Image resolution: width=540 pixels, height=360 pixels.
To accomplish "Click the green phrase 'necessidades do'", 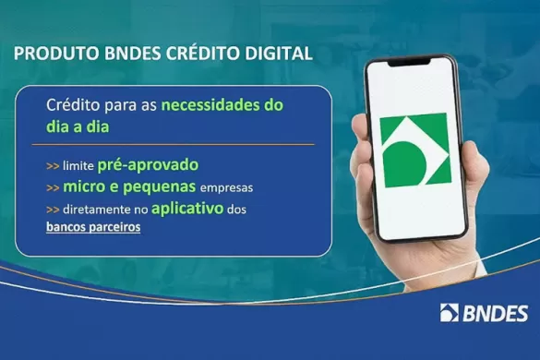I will click(x=222, y=105).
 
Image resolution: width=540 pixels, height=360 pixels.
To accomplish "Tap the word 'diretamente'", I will click(x=98, y=210).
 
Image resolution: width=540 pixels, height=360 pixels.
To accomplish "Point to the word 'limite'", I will click(x=78, y=167).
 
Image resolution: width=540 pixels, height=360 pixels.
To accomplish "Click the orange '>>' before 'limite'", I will click(x=53, y=167).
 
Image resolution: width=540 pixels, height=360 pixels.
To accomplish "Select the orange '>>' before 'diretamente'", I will click(x=53, y=210).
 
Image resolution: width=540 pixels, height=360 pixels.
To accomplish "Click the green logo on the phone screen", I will click(x=414, y=150).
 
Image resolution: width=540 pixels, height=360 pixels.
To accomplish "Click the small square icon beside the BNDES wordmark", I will click(x=450, y=313).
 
